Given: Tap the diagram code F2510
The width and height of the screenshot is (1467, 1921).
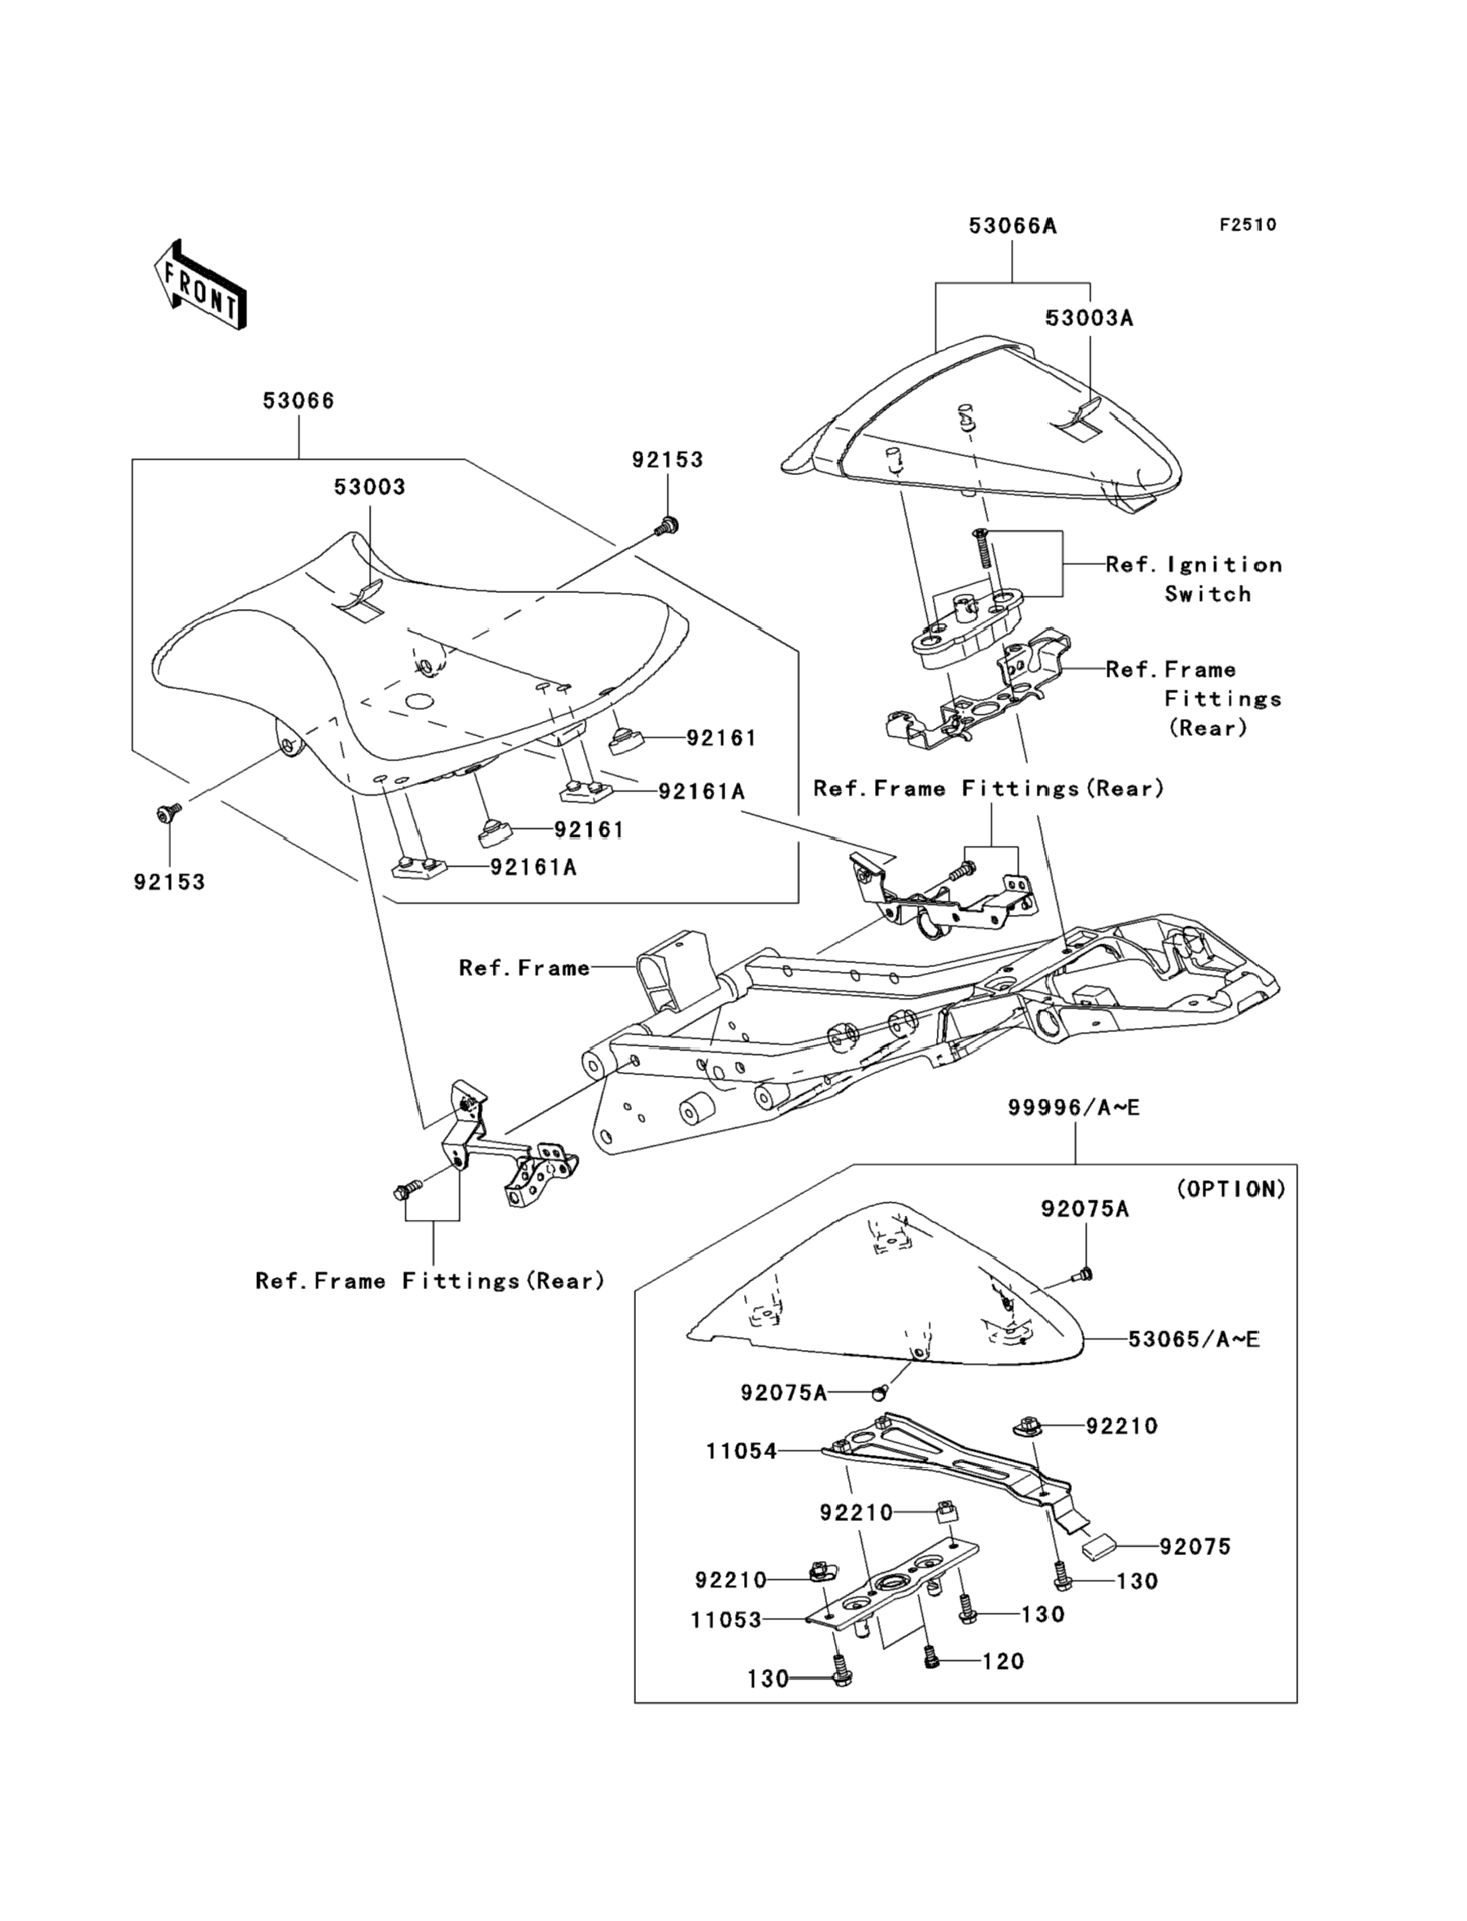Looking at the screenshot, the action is pos(1247,224).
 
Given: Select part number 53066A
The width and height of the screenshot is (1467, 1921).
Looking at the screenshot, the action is pos(1012,226).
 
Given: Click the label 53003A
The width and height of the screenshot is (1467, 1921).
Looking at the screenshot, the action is pos(1089,319).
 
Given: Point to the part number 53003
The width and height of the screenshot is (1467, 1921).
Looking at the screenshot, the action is pos(369,487).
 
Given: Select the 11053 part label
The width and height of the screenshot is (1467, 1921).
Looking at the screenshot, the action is pos(726,1620).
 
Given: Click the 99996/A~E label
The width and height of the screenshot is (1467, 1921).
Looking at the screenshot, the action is pos(1074,1107).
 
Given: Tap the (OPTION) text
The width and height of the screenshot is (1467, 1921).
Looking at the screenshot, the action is pos(1231,1188).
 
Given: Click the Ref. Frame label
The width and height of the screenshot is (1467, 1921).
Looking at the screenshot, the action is pos(524,968).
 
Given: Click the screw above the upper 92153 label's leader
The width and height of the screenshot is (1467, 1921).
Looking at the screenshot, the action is pos(667,525).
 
